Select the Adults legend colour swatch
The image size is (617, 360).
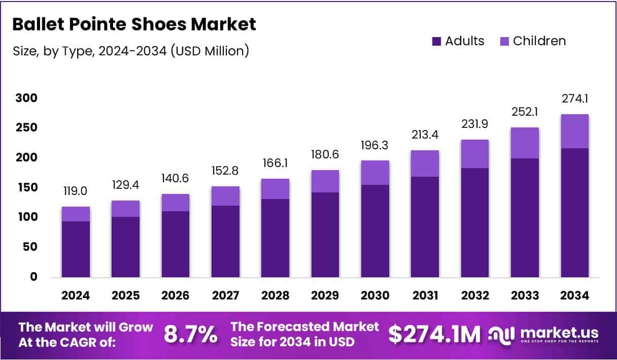[x=437, y=42]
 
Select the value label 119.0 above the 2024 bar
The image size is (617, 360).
[x=76, y=191]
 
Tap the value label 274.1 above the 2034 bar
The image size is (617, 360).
[x=574, y=99]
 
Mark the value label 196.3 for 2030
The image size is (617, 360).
[x=375, y=145]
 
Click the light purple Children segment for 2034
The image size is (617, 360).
[x=574, y=131]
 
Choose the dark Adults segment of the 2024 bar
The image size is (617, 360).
[x=76, y=249]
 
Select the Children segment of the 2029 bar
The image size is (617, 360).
[x=325, y=181]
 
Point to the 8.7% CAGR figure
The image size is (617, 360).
[x=190, y=335]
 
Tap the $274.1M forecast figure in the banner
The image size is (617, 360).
[x=434, y=335]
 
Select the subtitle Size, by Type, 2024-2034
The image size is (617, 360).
[x=130, y=51]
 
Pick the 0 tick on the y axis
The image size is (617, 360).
[x=34, y=277]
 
